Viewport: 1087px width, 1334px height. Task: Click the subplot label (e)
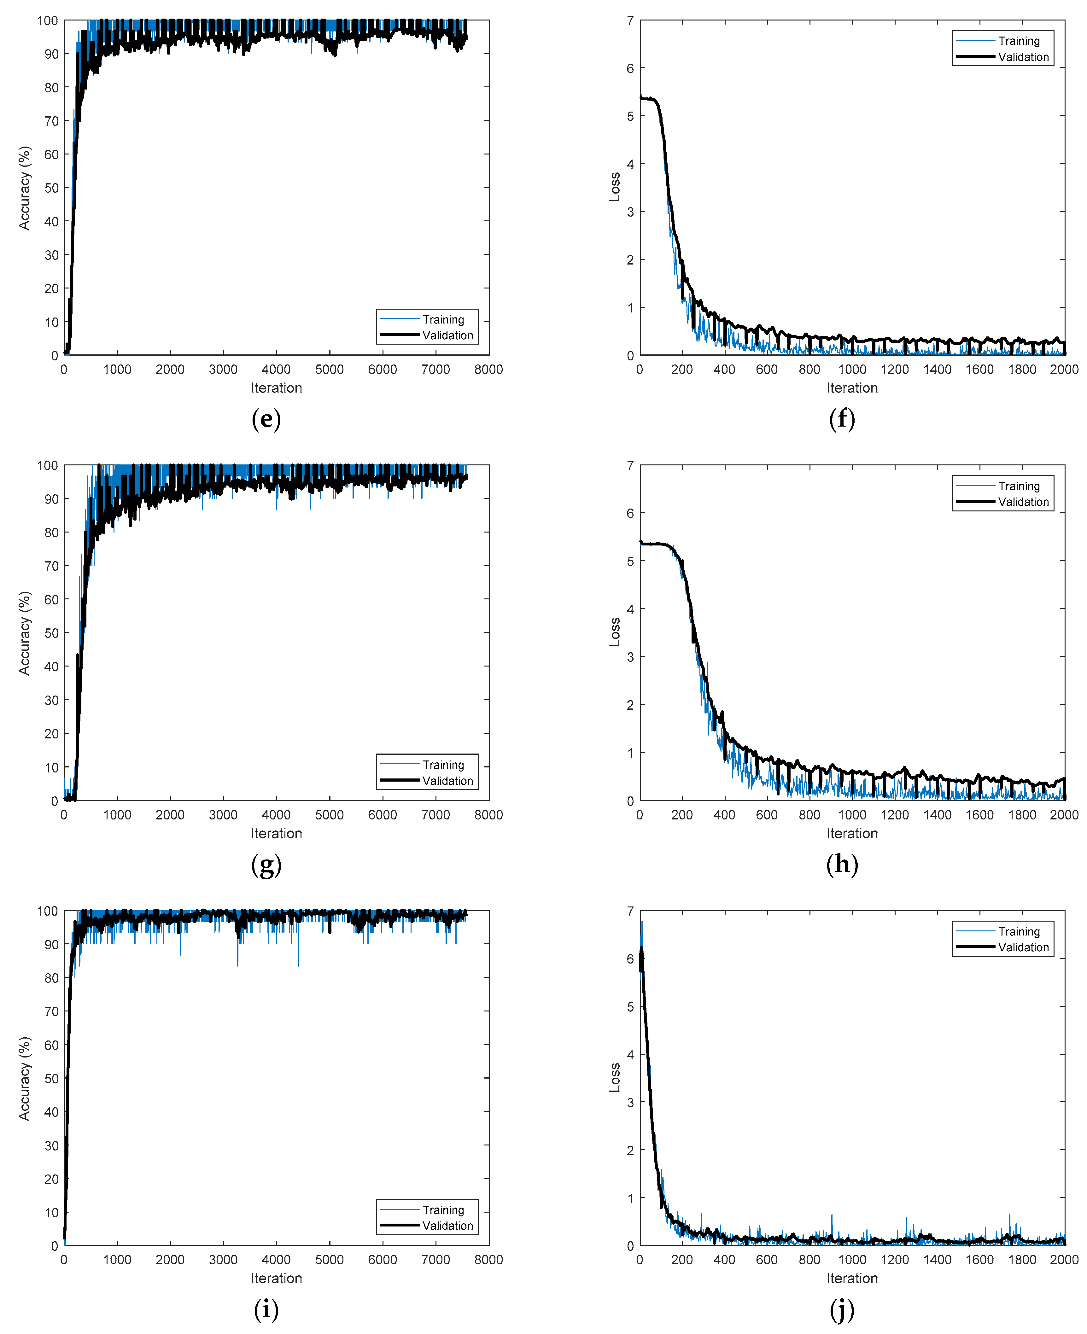[266, 419]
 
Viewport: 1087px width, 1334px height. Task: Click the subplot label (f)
[842, 419]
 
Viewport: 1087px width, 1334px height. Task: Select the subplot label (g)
[266, 865]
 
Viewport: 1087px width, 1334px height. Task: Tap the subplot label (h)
[842, 865]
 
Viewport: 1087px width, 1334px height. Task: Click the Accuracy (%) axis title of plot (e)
[24, 188]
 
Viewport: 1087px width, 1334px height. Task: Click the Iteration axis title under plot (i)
[276, 1278]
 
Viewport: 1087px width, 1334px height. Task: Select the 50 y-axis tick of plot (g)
[51, 633]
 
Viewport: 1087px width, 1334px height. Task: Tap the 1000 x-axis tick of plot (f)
[851, 369]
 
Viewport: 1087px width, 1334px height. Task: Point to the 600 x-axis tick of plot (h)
[766, 814]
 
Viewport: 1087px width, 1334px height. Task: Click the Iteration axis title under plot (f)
[851, 388]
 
